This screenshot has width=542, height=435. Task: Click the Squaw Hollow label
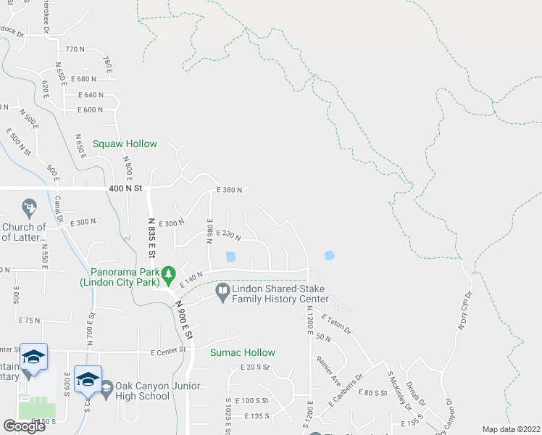124,144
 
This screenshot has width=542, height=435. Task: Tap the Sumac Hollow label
243,352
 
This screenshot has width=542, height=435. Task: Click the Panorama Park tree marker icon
169,273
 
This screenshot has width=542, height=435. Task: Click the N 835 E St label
152,238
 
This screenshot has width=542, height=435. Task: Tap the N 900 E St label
183,320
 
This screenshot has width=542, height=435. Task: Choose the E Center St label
168,352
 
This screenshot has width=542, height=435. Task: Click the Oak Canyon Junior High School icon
107,389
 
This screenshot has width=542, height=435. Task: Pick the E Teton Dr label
336,323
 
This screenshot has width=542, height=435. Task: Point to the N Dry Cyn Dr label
464,312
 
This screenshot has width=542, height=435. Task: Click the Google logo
25,426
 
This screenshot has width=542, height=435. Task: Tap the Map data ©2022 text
511,429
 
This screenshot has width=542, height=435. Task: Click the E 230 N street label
228,233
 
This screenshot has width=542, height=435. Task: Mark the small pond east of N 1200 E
330,255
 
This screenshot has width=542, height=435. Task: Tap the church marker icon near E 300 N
29,207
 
